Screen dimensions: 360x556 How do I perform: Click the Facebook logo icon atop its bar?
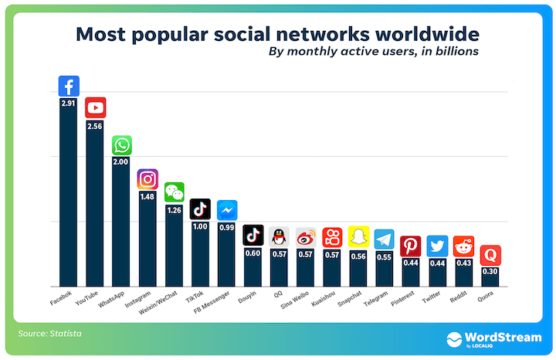(69, 87)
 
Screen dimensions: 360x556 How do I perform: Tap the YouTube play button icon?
(96, 108)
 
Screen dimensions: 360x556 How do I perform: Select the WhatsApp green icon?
(122, 145)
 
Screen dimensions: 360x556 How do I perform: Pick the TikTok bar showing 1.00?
(201, 255)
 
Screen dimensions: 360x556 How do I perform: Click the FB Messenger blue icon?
(227, 210)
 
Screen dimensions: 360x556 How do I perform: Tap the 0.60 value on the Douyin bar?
(253, 253)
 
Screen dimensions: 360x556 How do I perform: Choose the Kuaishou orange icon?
(332, 237)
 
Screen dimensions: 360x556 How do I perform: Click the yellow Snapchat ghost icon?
(358, 236)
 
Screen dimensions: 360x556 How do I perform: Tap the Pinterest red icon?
(411, 246)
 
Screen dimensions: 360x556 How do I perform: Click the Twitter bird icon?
(437, 246)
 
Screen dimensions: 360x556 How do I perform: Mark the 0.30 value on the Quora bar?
(490, 272)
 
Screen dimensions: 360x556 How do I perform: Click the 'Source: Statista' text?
(50, 334)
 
